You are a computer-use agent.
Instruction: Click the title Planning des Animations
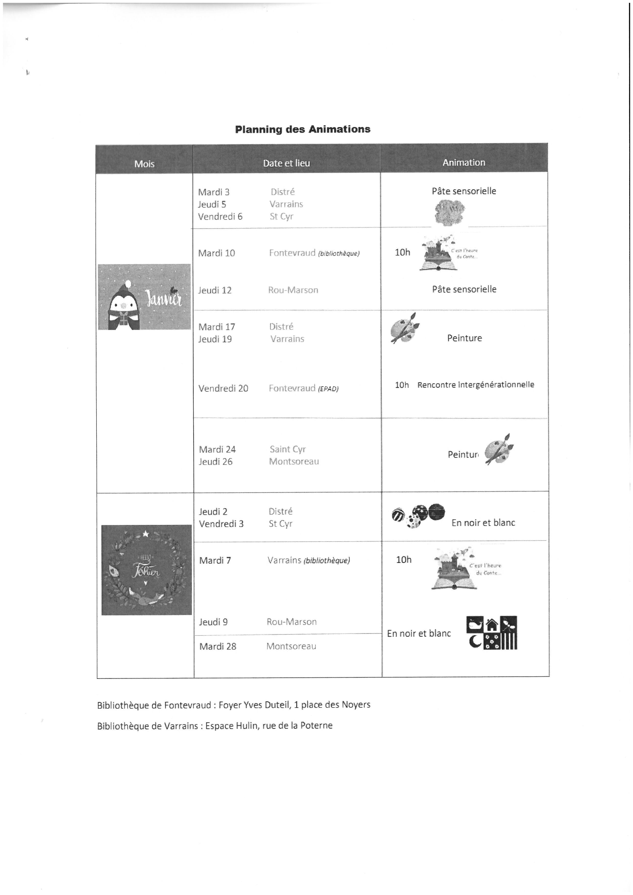[302, 129]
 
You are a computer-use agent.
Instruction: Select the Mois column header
[144, 164]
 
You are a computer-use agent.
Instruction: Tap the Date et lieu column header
[286, 163]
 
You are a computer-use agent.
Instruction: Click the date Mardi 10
[217, 253]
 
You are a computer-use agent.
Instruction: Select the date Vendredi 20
[223, 388]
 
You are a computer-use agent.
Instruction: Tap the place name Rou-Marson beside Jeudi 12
[293, 290]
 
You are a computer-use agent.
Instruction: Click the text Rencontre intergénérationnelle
[476, 385]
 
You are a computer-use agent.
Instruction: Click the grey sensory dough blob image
[450, 212]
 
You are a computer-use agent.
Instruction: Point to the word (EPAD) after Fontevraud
[328, 389]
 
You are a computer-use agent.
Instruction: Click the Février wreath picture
[147, 570]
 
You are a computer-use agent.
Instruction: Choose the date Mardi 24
[217, 449]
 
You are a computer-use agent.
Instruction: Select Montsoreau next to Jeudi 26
[294, 461]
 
